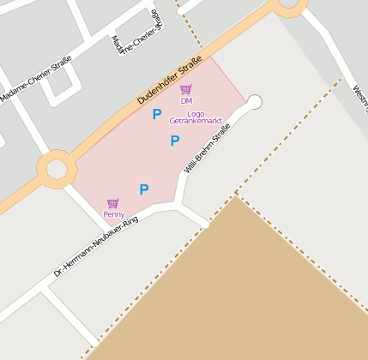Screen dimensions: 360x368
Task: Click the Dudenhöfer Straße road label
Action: (168, 81)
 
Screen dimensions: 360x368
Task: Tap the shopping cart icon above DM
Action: (186, 89)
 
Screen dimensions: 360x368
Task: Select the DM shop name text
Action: (186, 101)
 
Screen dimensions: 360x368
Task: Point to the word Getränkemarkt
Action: (196, 122)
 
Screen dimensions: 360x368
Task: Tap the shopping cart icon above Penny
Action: (113, 203)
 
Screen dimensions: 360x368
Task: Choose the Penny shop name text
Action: (113, 214)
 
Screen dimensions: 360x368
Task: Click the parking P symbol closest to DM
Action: (157, 114)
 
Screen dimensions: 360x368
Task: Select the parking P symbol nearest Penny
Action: (144, 189)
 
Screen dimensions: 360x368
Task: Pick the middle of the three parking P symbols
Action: (175, 141)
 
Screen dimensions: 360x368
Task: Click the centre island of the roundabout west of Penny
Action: (57, 168)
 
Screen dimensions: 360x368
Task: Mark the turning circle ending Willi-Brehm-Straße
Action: (254, 103)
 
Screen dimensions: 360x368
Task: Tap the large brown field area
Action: (249, 291)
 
